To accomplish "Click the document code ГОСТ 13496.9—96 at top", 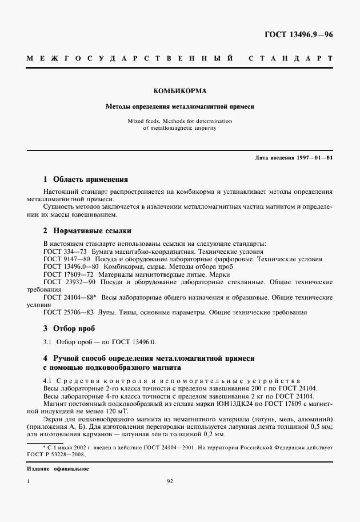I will tap(299, 34).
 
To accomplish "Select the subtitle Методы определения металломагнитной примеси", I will tap(179, 106).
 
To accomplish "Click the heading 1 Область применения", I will tap(86, 179).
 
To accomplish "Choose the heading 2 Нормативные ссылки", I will tap(87, 231).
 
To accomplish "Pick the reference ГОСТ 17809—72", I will tap(66, 274).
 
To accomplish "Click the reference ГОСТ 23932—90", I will tap(70, 282).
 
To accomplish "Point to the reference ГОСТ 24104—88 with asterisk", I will tap(71, 297).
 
